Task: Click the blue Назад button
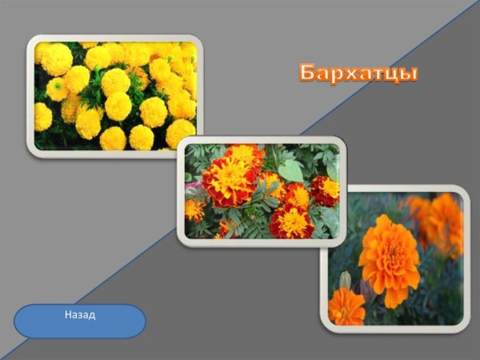(80, 321)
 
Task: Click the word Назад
(80, 315)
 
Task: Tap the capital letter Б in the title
(308, 73)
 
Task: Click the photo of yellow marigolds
(114, 95)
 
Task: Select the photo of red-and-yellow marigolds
(262, 191)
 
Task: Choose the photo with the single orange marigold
(394, 258)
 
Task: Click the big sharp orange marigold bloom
(388, 258)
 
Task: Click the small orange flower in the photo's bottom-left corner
(346, 307)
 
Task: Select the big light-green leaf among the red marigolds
(291, 170)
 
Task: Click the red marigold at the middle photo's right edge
(326, 190)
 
